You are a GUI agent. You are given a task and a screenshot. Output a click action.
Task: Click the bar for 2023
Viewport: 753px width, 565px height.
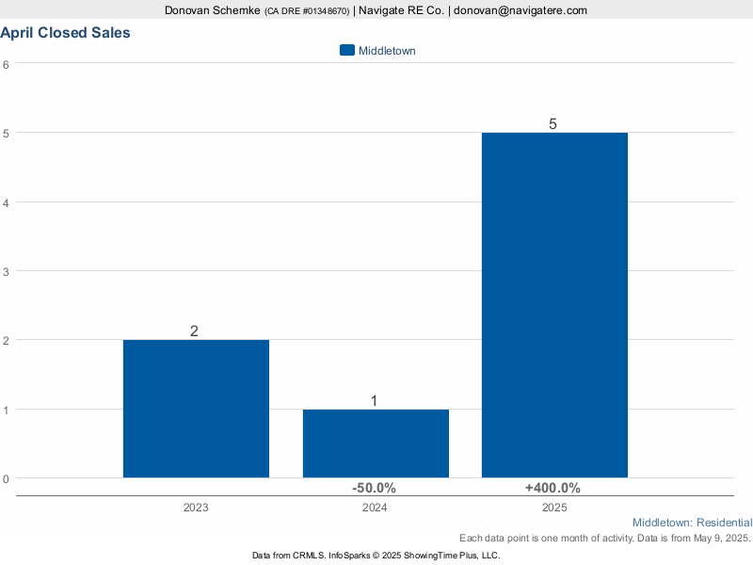(x=196, y=409)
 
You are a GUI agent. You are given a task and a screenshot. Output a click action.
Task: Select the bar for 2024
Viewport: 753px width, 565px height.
(x=376, y=444)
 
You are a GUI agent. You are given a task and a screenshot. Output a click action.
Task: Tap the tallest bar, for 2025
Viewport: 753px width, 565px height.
(x=554, y=305)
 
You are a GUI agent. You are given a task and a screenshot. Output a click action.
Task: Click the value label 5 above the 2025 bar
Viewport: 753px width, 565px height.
(x=553, y=124)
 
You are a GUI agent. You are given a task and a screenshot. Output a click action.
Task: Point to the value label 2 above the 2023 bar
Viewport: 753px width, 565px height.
(x=194, y=331)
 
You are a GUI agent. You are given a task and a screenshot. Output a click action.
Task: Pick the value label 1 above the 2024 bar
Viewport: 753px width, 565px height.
(x=374, y=401)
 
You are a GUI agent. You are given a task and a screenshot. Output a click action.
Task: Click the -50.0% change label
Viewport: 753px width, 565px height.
(x=374, y=488)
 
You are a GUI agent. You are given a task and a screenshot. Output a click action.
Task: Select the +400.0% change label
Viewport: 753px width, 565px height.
(x=553, y=488)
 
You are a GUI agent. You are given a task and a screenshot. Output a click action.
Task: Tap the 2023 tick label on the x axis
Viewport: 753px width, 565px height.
(x=196, y=508)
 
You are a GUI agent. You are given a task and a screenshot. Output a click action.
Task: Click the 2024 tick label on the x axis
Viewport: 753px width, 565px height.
(x=375, y=508)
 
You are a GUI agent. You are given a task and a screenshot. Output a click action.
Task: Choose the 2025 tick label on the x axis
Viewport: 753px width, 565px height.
(x=554, y=508)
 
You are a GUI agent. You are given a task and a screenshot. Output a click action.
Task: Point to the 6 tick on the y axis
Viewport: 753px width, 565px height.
(x=6, y=65)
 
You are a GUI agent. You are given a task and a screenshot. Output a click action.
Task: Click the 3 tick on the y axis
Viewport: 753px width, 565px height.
(x=6, y=272)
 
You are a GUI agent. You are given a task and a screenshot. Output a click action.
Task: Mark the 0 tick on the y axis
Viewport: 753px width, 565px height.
(x=6, y=479)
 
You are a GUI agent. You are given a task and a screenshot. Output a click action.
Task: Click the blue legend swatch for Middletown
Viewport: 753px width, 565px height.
(x=347, y=51)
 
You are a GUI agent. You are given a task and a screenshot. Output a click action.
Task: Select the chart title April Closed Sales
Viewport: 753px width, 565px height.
(x=65, y=33)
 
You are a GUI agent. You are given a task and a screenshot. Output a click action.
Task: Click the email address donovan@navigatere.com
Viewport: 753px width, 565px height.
(x=521, y=10)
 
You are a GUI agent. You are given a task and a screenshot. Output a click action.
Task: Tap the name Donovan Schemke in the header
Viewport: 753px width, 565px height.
(x=213, y=10)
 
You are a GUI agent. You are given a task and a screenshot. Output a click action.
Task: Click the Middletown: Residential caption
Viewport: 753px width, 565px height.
(x=692, y=523)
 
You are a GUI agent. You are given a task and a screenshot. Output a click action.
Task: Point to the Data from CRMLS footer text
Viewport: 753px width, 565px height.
(x=376, y=556)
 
